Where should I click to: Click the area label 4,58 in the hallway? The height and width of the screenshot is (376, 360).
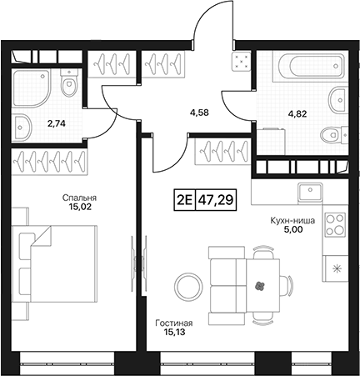tap(199, 113)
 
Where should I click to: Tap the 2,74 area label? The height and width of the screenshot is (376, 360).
tap(57, 123)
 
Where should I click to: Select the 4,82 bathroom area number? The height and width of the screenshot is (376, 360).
tap(297, 114)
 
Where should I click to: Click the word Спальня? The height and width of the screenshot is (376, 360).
tap(79, 198)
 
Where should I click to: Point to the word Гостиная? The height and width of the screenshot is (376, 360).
tap(174, 323)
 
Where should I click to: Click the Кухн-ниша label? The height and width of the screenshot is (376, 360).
tap(292, 221)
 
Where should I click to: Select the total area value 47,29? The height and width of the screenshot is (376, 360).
tap(216, 200)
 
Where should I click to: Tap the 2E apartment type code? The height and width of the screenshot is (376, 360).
tap(184, 200)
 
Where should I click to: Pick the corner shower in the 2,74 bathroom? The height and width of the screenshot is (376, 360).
tap(32, 88)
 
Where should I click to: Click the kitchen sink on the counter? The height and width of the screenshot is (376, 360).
tap(310, 192)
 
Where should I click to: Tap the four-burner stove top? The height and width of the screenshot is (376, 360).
tap(336, 224)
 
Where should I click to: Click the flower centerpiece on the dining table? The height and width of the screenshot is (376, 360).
tap(260, 285)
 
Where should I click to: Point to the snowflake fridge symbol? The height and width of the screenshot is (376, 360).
tap(337, 268)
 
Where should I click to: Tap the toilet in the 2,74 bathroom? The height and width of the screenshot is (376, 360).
tap(68, 83)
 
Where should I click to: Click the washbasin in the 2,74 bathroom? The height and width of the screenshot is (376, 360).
tap(22, 128)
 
